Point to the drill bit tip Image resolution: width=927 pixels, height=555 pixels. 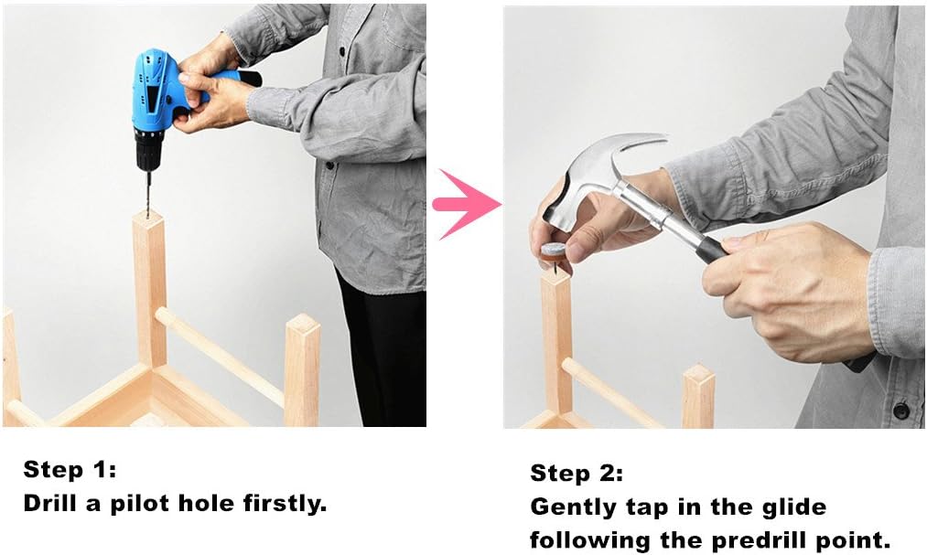click(148, 216)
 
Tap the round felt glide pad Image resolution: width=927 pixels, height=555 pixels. click(555, 251)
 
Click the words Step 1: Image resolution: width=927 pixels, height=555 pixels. click(70, 470)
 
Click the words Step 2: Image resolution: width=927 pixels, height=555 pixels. click(577, 474)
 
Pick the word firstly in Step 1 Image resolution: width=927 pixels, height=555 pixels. click(285, 504)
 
